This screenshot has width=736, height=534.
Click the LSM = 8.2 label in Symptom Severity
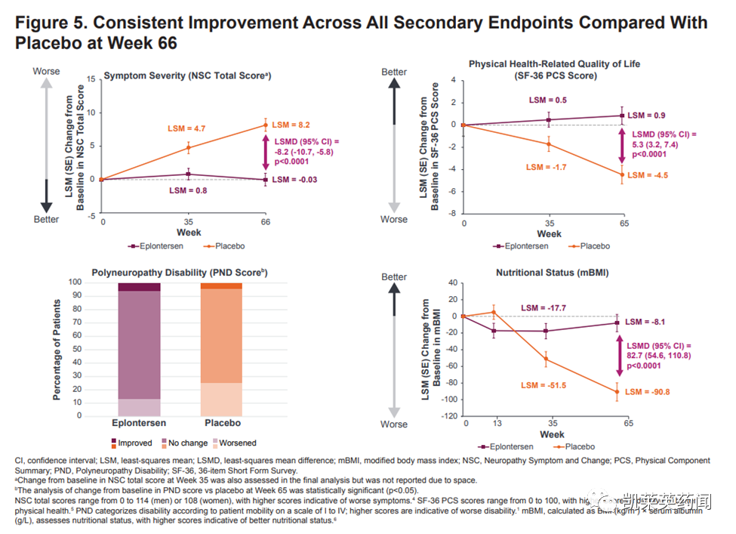[x=291, y=125]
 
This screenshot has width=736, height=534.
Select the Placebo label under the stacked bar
[x=221, y=424]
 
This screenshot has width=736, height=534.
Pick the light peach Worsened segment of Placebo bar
[x=221, y=399]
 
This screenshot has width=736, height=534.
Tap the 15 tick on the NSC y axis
[x=91, y=79]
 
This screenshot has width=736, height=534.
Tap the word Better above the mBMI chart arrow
[x=394, y=277]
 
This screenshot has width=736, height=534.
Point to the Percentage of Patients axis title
[x=57, y=349]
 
